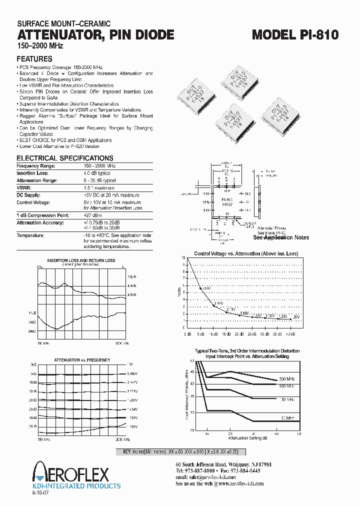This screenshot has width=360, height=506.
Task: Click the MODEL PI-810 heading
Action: tap(295, 34)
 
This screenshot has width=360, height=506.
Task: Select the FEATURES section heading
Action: tap(34, 58)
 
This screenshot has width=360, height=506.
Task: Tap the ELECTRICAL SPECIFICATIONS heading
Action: tap(65, 158)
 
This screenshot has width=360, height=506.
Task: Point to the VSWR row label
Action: tap(24, 187)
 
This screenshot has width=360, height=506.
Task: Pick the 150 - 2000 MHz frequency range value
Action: tap(99, 165)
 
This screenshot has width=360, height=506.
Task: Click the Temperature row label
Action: tap(30, 235)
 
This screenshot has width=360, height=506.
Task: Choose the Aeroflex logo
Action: tap(70, 472)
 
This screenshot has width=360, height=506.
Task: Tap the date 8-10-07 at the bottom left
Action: tap(42, 493)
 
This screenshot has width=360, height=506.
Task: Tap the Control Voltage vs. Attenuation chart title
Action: tap(245, 254)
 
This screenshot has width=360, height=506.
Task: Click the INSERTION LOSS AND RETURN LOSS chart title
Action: tap(81, 260)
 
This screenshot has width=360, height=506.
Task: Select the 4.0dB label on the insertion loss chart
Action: tap(131, 285)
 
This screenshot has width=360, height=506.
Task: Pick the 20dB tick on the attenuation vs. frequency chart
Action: tap(33, 400)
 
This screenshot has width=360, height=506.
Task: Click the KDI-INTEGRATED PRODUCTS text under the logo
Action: tap(76, 485)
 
